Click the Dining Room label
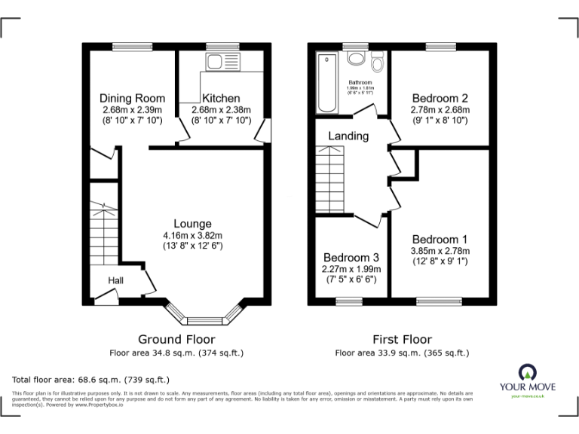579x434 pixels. tap(132, 98)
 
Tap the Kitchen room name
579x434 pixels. tap(220, 98)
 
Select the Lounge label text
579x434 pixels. tap(192, 224)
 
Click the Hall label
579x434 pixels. tap(115, 280)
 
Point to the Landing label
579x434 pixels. tap(348, 136)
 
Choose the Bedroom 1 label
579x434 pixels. tap(440, 240)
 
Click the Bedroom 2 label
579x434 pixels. tap(440, 98)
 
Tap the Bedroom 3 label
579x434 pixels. tap(352, 258)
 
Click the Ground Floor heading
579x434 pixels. tap(176, 340)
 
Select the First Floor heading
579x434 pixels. tap(402, 340)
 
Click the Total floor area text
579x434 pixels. tap(91, 379)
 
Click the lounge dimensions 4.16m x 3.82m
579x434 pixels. tap(192, 235)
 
